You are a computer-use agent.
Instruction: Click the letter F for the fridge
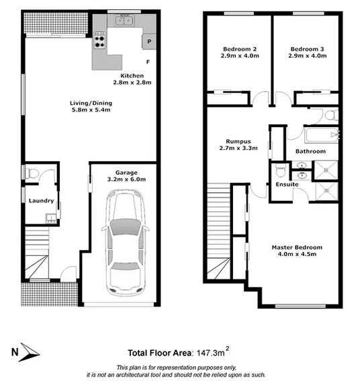(x=148, y=63)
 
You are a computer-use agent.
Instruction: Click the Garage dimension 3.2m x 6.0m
(x=126, y=179)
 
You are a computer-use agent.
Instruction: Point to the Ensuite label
(x=287, y=185)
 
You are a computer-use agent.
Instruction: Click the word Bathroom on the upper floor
(x=310, y=152)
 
